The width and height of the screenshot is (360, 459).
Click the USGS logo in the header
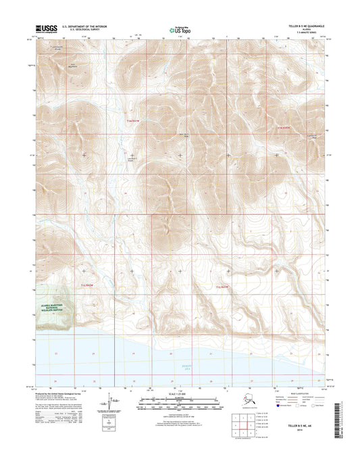pyautogui.click(x=45, y=28)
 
